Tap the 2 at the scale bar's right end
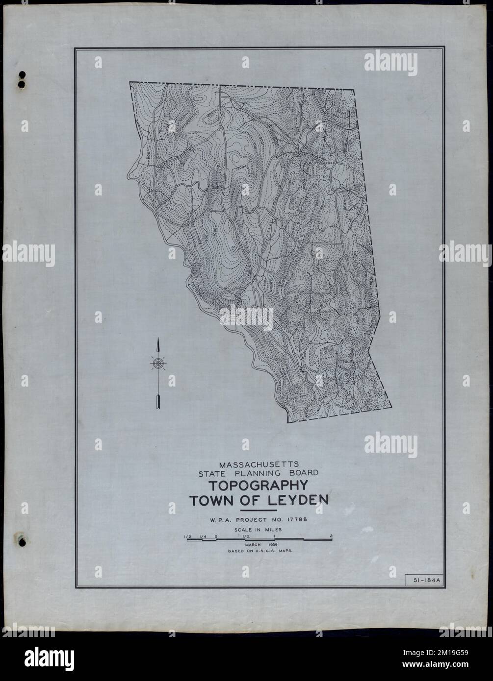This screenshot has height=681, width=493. point(332,535)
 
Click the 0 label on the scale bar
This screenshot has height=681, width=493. point(216,535)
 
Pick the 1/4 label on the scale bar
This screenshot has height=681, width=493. point(202,535)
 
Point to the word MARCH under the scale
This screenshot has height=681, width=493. point(250,544)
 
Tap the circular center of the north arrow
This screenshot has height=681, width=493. point(157,363)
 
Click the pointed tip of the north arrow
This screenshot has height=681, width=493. point(157,339)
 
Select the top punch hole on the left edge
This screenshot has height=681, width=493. point(22,76)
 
